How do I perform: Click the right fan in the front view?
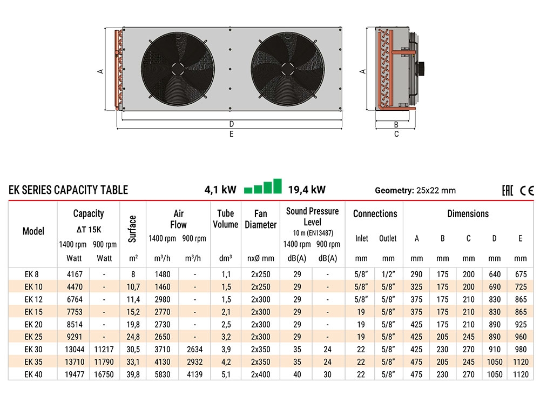tap(288, 69)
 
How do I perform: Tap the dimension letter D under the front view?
tap(232, 124)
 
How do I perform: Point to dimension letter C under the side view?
tap(396, 134)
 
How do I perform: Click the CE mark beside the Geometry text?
tap(527, 190)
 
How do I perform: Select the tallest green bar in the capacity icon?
tap(277, 186)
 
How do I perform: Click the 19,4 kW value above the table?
tap(307, 190)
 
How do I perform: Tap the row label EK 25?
tap(33, 337)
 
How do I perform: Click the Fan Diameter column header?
tap(261, 219)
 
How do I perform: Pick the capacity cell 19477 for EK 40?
tap(75, 374)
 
